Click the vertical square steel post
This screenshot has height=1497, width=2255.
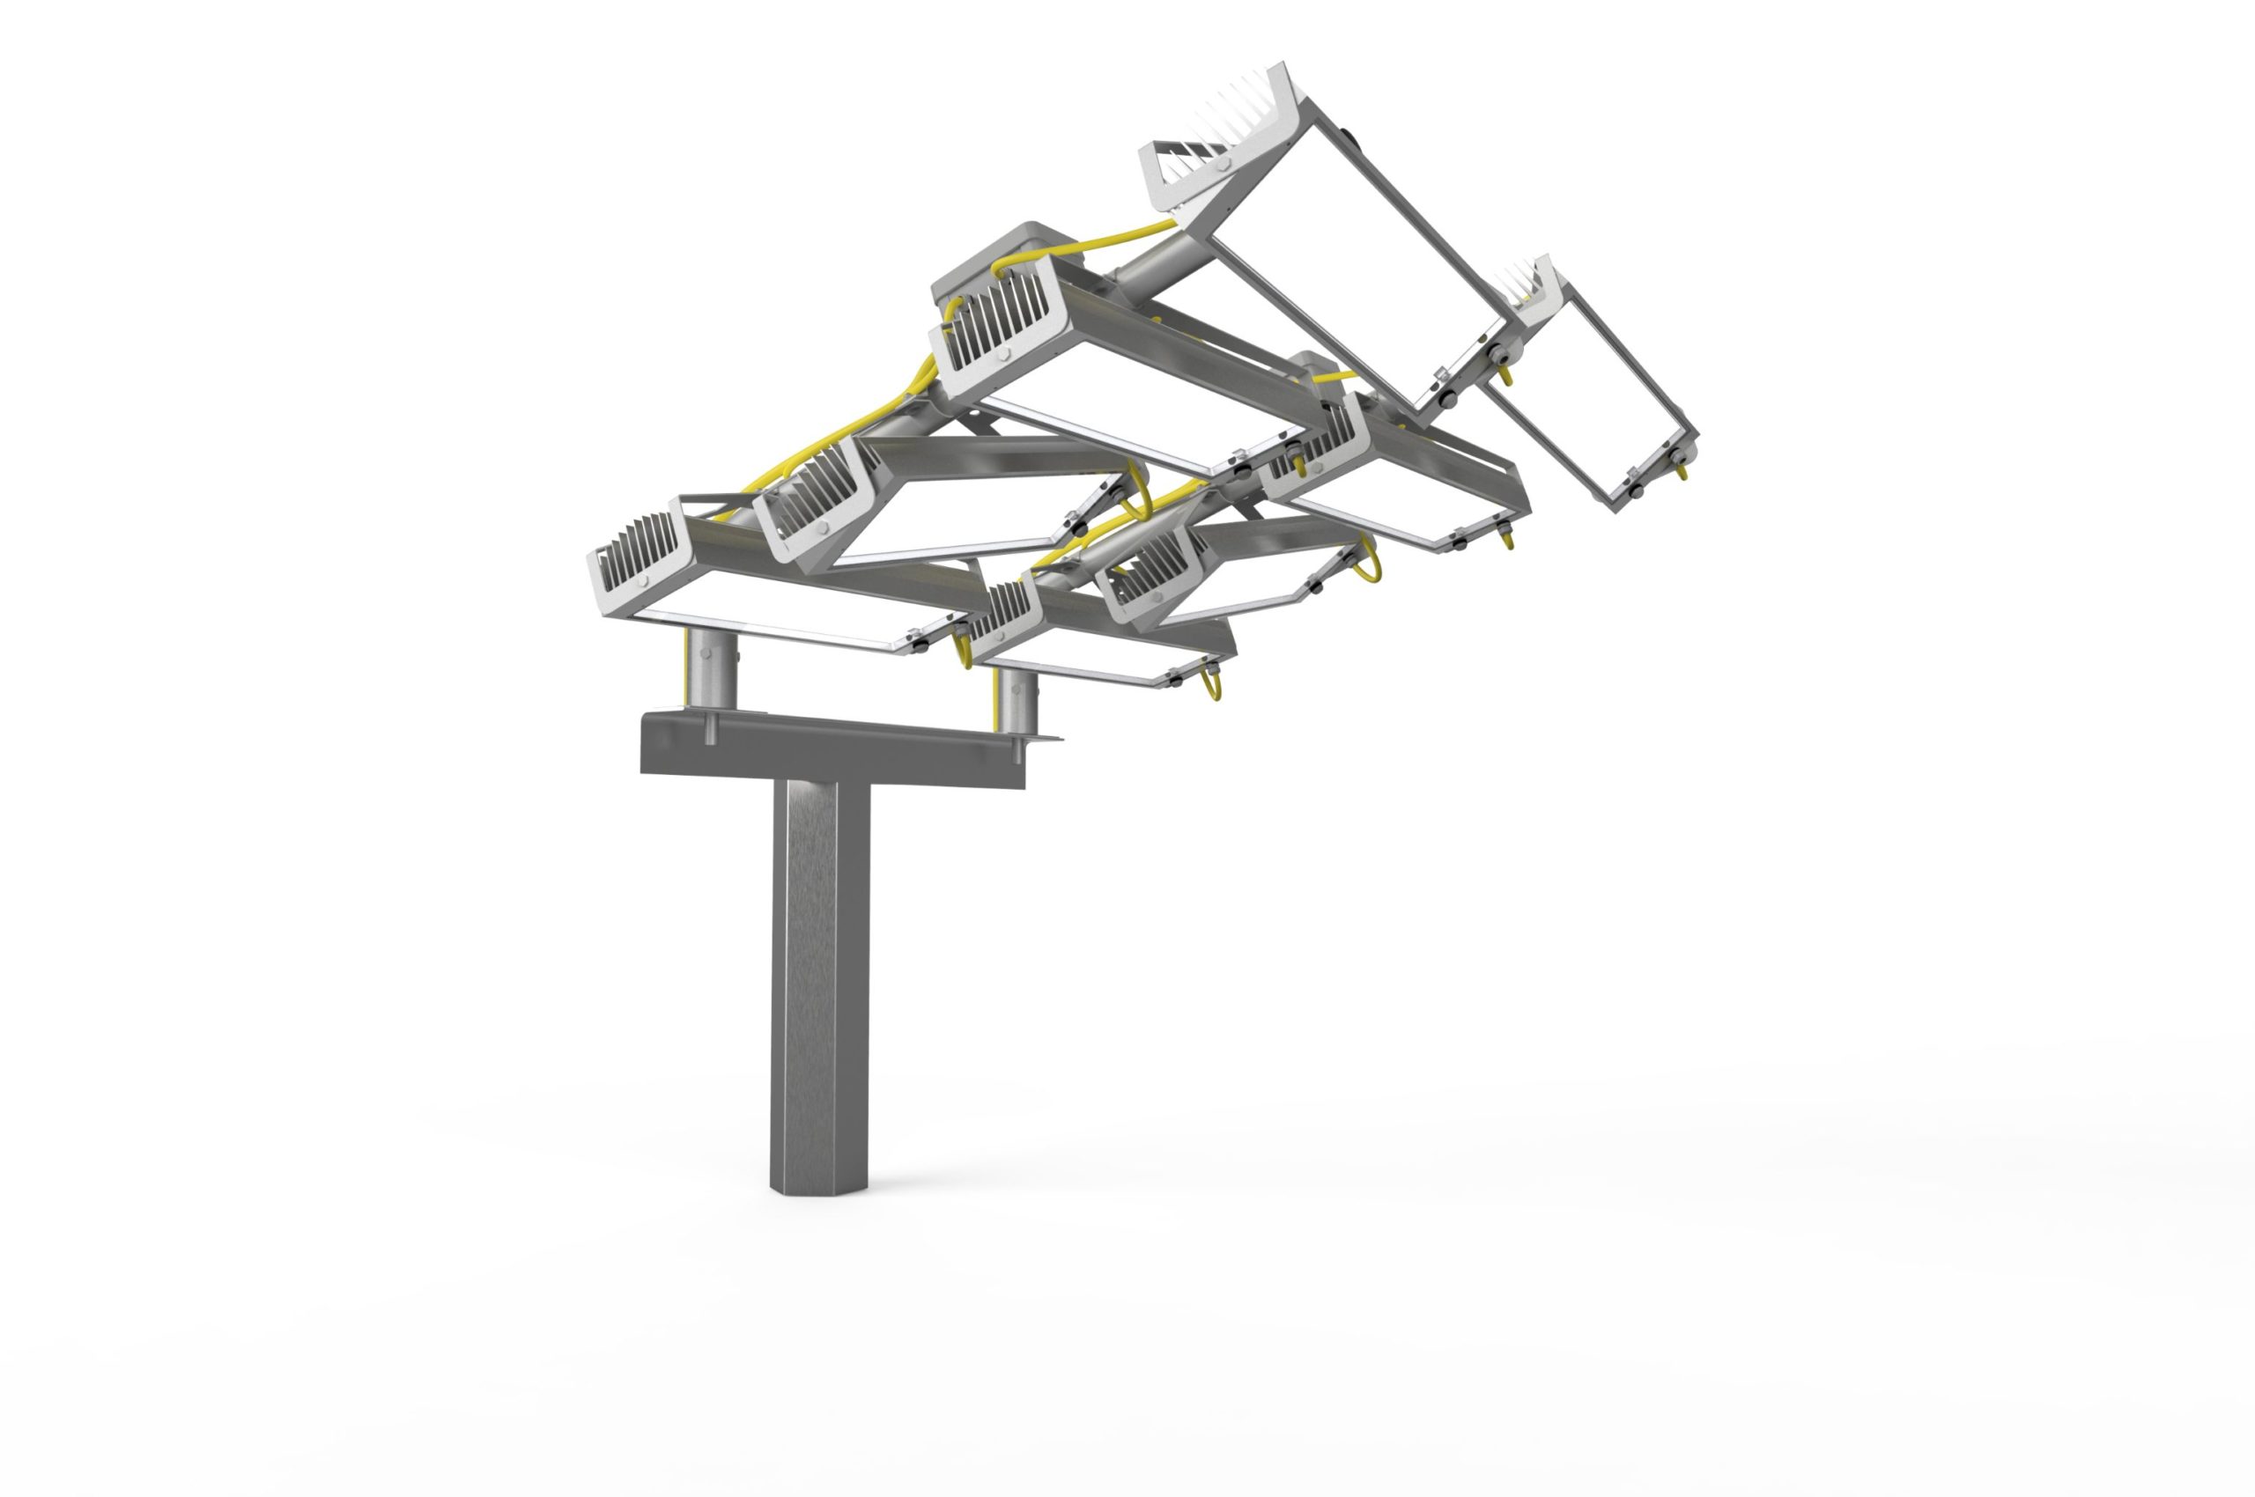tap(819, 974)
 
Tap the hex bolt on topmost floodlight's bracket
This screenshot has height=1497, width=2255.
tap(1224, 164)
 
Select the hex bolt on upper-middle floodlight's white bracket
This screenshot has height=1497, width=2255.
tap(1003, 354)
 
